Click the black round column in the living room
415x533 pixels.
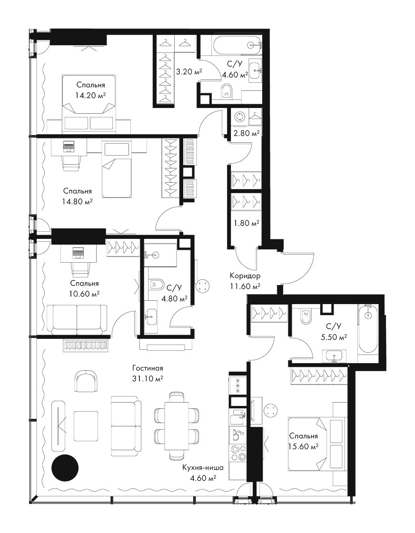click(65, 468)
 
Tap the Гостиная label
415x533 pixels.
click(148, 368)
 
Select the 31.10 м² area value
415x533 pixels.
click(148, 378)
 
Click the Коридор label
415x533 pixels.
click(245, 276)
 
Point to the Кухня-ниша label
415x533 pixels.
click(203, 468)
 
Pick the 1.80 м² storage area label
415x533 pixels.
click(246, 223)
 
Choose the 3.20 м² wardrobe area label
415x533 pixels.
click(189, 71)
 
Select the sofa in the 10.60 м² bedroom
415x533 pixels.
click(77, 319)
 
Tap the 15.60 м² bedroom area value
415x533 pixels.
click(304, 446)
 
